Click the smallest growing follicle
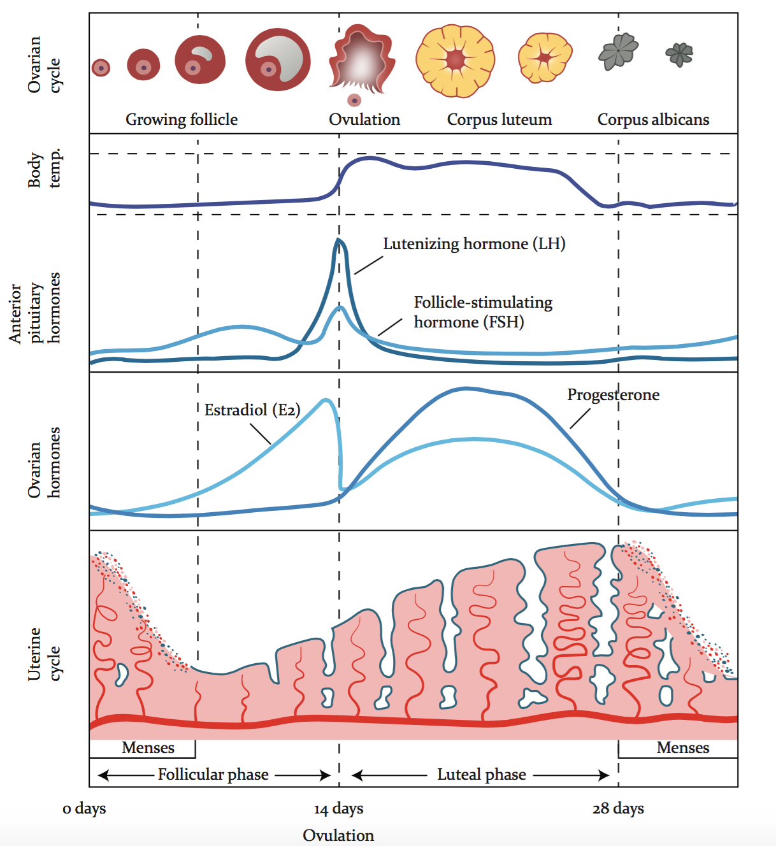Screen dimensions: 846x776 coord(101,67)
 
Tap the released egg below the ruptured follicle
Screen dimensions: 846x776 coord(354,100)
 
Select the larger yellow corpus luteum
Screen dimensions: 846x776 coord(455,61)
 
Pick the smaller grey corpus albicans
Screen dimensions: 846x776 coord(680,54)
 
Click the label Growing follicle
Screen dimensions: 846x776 coord(182,120)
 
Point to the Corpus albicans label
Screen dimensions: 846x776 coord(653,120)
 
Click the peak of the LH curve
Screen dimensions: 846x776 coord(338,240)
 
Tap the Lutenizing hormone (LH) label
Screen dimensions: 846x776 coord(474,244)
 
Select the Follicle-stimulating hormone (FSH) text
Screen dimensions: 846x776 coord(483,312)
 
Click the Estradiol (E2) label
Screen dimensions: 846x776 coord(252,410)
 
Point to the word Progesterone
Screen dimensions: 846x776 coord(613,395)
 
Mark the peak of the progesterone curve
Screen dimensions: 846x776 coord(466,388)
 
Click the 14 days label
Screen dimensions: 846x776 coord(338,809)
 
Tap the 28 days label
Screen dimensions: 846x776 coord(618,809)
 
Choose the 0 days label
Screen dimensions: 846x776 coord(84,809)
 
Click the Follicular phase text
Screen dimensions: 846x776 coord(213,775)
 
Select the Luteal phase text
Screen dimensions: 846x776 coord(482,775)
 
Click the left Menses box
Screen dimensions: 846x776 coord(148,748)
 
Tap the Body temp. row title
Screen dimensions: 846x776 coord(44,169)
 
